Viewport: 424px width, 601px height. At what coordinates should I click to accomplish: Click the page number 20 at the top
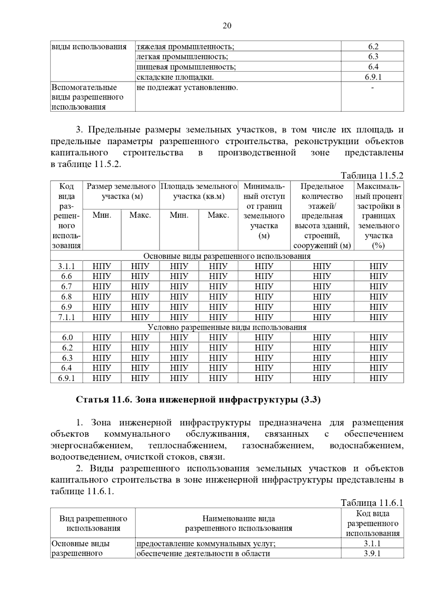click(227, 26)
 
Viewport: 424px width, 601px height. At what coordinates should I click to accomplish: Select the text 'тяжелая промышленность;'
click(185, 47)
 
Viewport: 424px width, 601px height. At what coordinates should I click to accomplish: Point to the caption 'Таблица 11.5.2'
click(372, 176)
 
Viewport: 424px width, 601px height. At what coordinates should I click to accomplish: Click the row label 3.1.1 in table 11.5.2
click(66, 266)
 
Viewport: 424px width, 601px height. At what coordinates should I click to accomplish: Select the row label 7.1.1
click(66, 317)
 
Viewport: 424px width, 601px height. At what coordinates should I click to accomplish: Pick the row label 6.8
click(66, 297)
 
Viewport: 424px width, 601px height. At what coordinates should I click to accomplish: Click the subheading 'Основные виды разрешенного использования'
click(227, 256)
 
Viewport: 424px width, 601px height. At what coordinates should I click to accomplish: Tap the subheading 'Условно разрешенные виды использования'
click(227, 327)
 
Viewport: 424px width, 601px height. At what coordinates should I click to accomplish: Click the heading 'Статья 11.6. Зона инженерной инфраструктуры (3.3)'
click(198, 400)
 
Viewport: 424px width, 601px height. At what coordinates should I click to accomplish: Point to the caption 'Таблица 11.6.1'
click(372, 503)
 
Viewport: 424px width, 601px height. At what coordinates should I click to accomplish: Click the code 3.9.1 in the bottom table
click(372, 554)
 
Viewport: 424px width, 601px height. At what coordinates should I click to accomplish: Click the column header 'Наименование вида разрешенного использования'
click(238, 523)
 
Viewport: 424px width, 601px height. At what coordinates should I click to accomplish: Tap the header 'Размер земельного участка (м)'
click(121, 191)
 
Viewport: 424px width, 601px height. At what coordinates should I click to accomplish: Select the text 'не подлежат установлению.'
click(187, 87)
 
